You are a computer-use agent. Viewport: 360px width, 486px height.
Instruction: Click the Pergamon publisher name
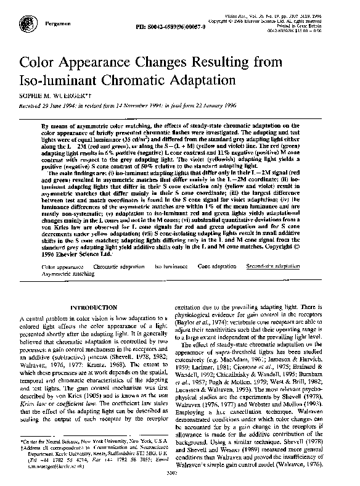click(x=55, y=22)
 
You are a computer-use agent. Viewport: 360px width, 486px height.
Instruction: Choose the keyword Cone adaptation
click(x=216, y=266)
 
